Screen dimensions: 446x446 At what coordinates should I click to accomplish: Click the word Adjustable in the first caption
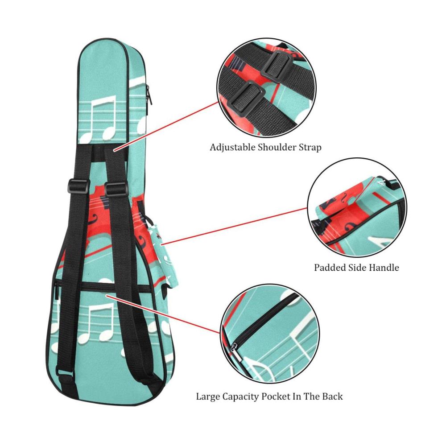[x=233, y=148]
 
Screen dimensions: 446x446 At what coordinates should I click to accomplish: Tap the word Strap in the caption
[x=310, y=148]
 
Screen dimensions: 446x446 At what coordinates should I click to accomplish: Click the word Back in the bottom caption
[x=332, y=396]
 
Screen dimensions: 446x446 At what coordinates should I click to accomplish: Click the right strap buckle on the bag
[x=116, y=189]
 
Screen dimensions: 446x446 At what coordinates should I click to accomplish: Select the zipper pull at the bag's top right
[x=149, y=95]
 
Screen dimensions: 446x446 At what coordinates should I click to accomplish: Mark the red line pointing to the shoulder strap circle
[x=166, y=126]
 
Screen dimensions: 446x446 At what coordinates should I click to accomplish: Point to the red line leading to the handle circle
[x=235, y=227]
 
